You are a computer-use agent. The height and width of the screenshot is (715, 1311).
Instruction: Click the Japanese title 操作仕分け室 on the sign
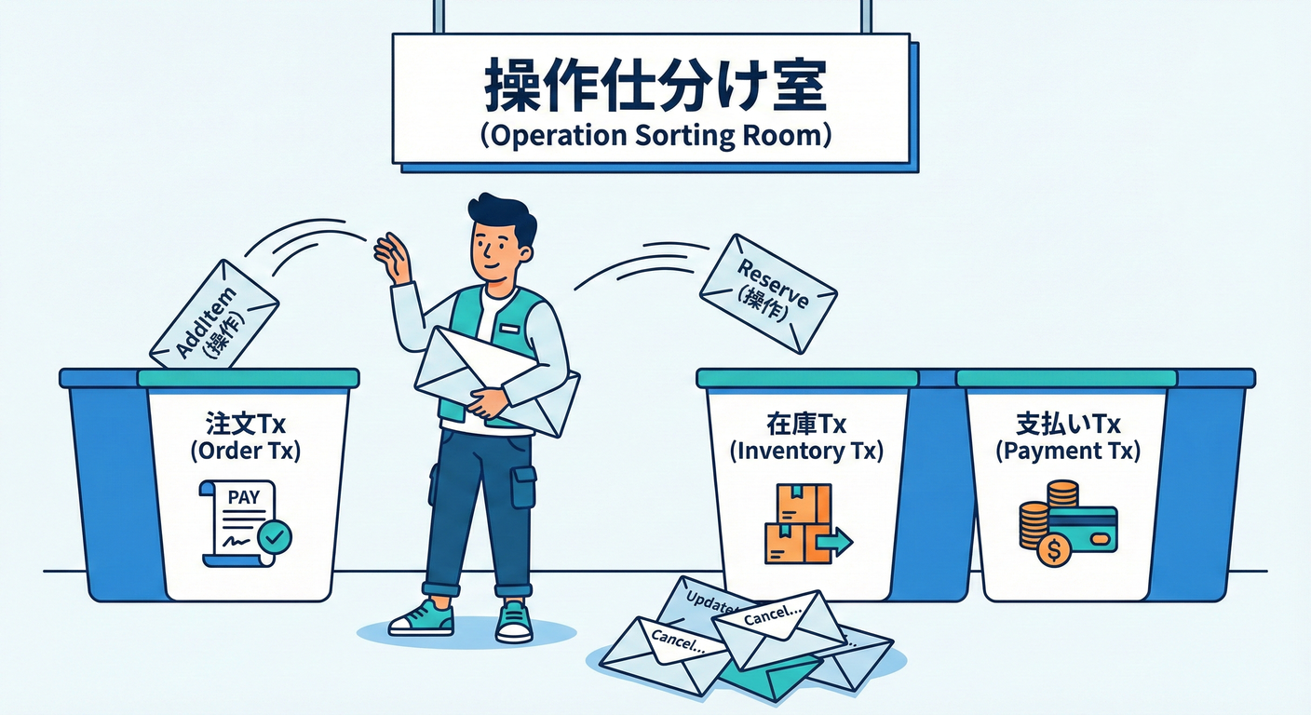coord(655,85)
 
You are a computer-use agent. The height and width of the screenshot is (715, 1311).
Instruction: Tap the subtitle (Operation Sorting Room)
coord(655,135)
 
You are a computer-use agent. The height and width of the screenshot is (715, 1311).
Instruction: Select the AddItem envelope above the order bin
coord(214,315)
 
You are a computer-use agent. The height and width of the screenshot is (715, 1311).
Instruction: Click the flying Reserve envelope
coord(768,293)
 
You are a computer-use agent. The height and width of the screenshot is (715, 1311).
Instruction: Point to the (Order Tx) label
coord(245,451)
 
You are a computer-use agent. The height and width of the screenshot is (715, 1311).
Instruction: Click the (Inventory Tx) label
coord(806,452)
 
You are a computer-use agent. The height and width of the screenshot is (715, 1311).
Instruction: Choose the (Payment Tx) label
coord(1068,452)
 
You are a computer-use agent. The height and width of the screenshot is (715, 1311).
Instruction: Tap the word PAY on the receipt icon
coord(243,497)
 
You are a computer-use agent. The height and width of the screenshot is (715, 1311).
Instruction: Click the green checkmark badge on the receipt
coord(275,537)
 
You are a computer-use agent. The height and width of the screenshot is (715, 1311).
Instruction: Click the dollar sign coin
coord(1053,550)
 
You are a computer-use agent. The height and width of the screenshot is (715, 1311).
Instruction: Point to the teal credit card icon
coord(1083,530)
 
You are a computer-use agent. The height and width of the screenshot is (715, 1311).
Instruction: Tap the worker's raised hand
coord(393,258)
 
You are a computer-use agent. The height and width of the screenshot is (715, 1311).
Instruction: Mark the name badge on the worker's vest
coord(508,330)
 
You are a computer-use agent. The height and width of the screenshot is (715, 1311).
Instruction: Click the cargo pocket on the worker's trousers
coord(523,487)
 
